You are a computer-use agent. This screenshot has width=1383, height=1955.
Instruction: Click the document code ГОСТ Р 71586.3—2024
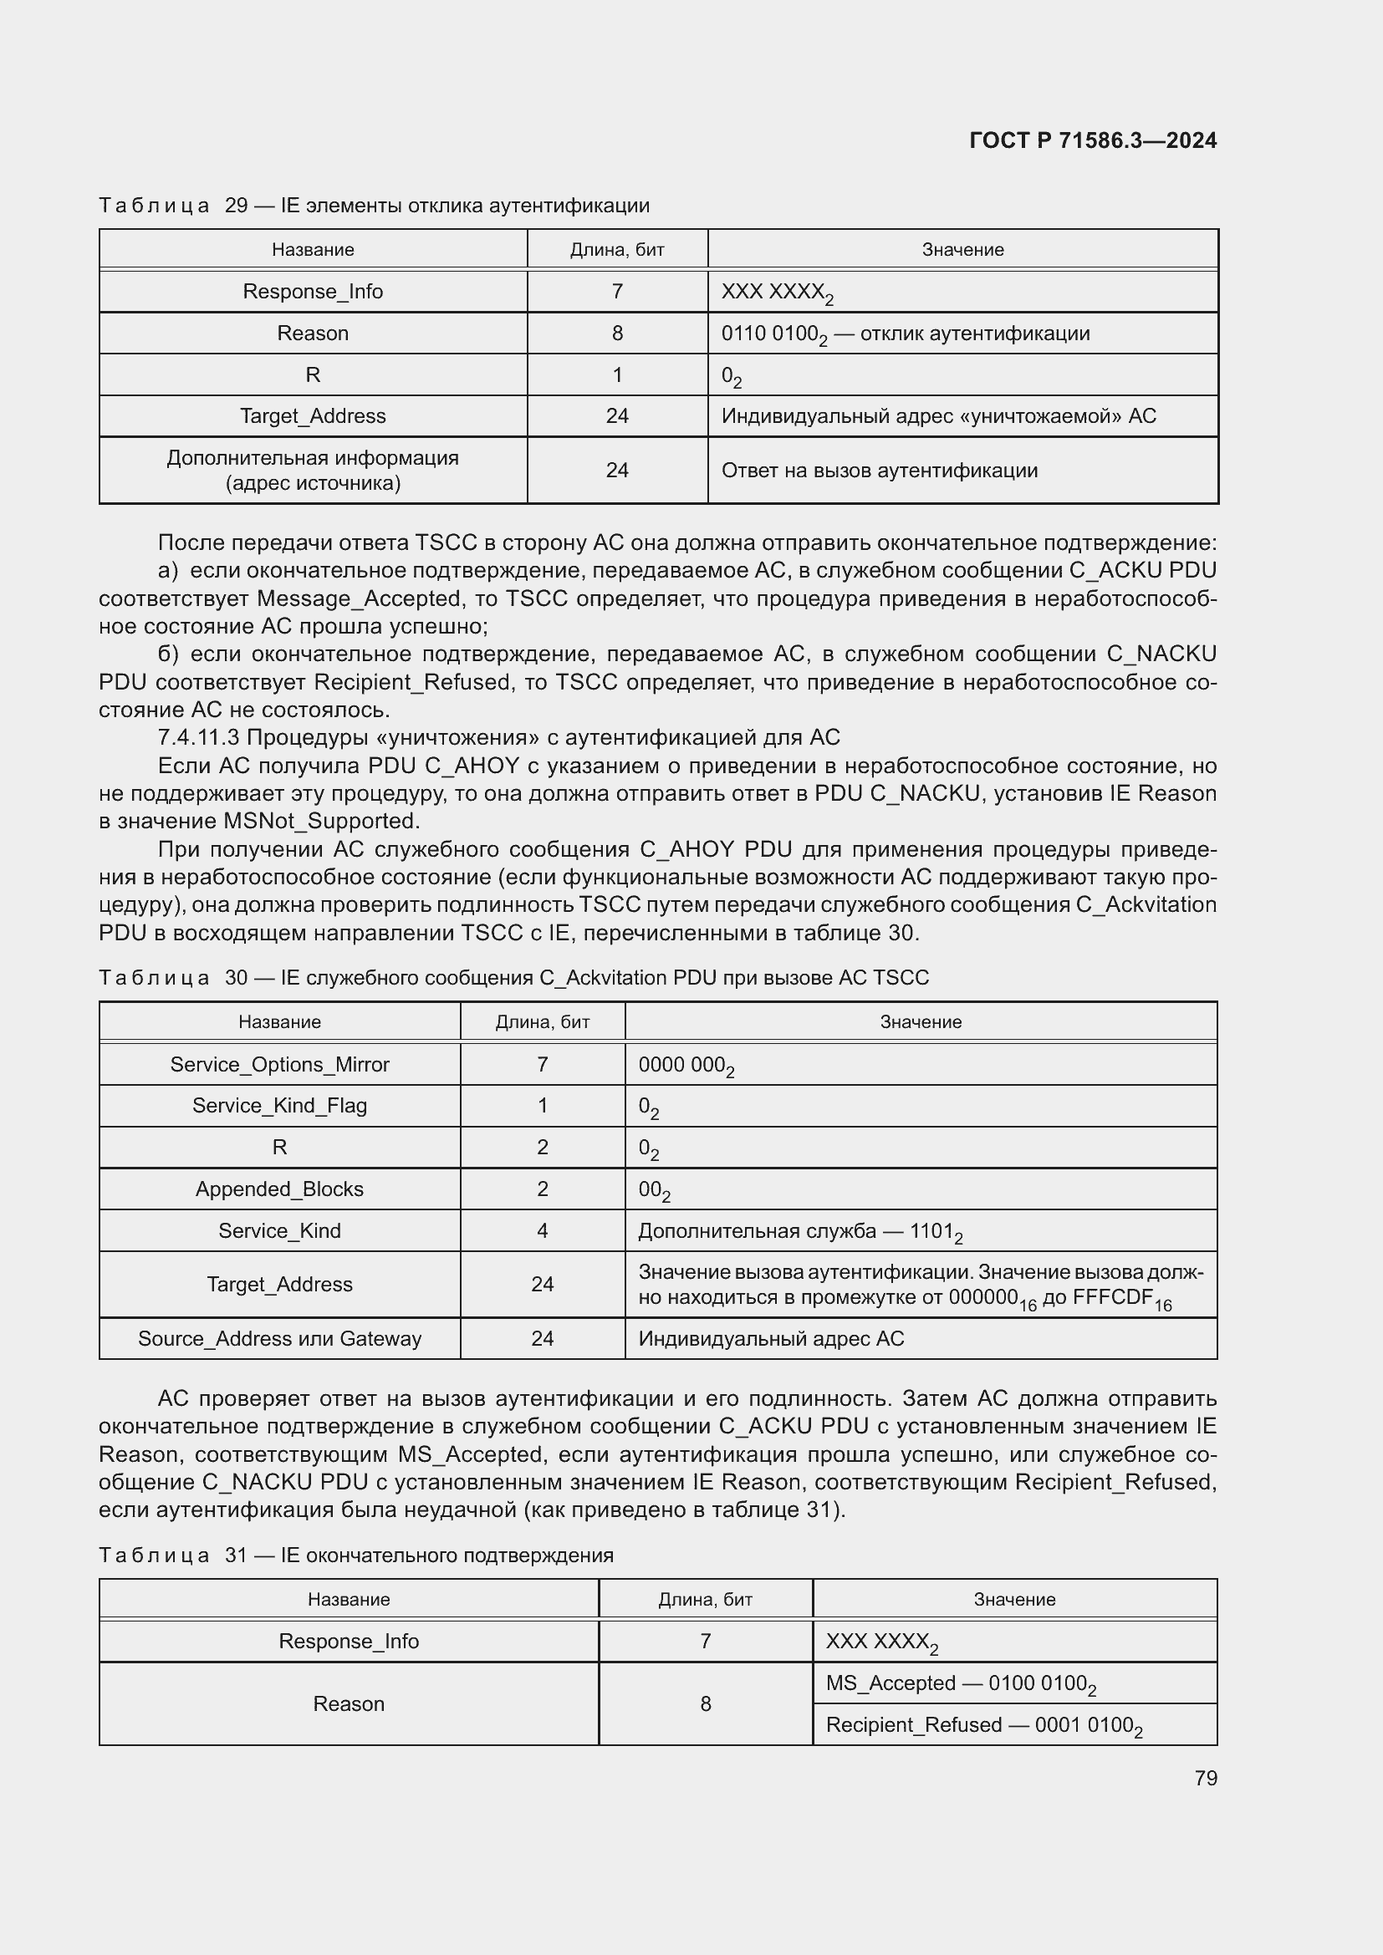click(x=1093, y=141)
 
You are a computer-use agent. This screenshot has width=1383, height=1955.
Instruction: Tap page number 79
click(x=1205, y=1778)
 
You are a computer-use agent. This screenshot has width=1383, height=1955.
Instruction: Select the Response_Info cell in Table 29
click(x=313, y=291)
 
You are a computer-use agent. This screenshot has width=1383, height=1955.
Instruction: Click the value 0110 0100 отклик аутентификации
click(x=906, y=333)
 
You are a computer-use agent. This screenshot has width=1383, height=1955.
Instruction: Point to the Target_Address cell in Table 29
click(x=313, y=416)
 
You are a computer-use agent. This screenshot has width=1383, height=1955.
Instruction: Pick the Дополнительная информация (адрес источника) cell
click(x=313, y=470)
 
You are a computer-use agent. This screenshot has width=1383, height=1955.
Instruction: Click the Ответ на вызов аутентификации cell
click(x=879, y=471)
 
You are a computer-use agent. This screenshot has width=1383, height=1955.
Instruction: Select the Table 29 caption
click(x=374, y=206)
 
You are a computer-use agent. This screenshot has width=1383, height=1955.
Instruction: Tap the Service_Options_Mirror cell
click(x=279, y=1064)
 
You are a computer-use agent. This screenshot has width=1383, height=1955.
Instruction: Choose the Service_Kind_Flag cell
click(x=279, y=1106)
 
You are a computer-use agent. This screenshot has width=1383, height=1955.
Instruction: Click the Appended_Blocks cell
click(x=279, y=1189)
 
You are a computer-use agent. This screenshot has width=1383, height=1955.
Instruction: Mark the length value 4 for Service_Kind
click(x=543, y=1231)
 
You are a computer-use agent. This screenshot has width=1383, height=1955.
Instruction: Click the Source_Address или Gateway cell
click(x=279, y=1338)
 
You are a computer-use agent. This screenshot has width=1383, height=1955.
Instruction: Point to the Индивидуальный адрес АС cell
click(x=771, y=1338)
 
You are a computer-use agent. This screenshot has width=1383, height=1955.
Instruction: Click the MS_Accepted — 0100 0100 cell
click(x=961, y=1683)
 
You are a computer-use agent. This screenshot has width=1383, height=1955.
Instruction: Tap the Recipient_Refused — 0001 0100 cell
click(x=983, y=1725)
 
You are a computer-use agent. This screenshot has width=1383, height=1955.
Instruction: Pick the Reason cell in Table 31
click(x=349, y=1703)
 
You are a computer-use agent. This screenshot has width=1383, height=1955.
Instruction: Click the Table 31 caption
click(x=356, y=1555)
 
